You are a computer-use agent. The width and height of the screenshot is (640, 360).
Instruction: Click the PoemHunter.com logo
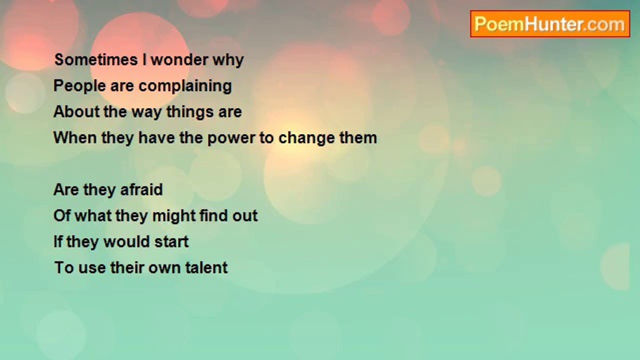(550, 24)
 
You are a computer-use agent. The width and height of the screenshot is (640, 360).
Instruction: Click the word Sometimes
(96, 59)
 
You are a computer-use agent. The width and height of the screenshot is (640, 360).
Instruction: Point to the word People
(79, 86)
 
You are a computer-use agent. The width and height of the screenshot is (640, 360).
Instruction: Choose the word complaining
(185, 86)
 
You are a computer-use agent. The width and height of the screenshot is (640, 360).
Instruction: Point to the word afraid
(141, 189)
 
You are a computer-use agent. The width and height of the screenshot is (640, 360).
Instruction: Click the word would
(127, 241)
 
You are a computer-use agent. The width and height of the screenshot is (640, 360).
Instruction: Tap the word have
(156, 137)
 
